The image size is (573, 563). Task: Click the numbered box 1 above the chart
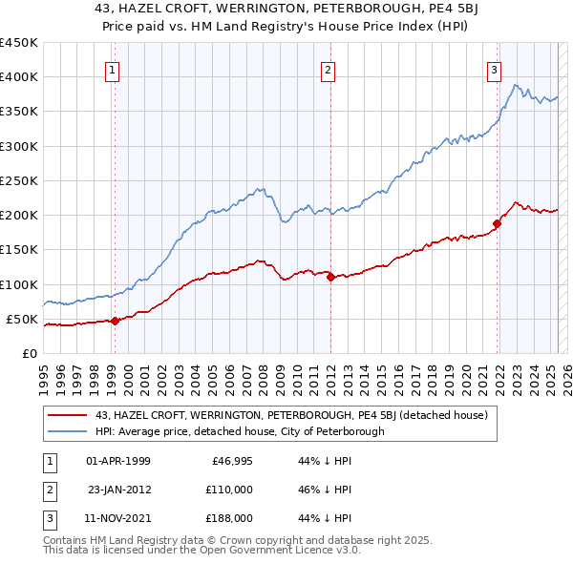[113, 69]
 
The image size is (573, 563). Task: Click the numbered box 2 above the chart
[328, 69]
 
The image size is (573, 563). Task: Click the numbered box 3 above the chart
[495, 69]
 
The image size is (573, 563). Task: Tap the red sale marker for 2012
[330, 278]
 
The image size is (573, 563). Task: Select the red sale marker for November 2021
[497, 224]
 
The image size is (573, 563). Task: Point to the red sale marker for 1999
[115, 321]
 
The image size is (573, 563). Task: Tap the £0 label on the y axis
[30, 353]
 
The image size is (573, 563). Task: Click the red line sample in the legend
[66, 416]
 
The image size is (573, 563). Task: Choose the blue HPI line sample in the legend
[66, 431]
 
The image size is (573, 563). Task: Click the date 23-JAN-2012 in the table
[119, 490]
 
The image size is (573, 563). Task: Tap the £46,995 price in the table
[230, 461]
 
